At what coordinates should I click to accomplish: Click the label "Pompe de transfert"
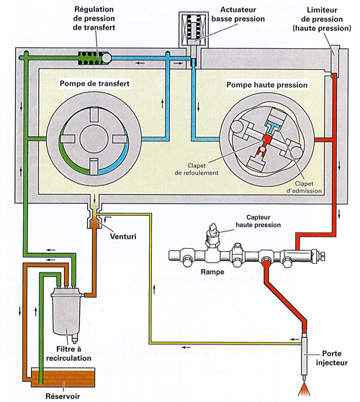tap(94, 83)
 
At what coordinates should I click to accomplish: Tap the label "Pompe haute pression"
tap(267, 85)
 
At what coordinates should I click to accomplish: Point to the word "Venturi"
tap(123, 236)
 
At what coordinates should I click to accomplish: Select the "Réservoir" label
tap(63, 396)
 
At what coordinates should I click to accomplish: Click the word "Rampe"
tap(212, 272)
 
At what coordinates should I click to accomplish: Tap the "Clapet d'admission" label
tap(304, 187)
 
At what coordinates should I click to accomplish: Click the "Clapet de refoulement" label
tap(197, 169)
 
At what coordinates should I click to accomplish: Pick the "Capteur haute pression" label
tap(258, 221)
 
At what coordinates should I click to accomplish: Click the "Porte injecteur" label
tap(331, 358)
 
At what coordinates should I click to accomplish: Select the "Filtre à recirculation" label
tap(68, 354)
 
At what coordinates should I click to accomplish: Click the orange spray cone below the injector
tap(305, 390)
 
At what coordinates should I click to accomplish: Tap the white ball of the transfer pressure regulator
tap(107, 58)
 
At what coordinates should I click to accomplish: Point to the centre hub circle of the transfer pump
tap(94, 139)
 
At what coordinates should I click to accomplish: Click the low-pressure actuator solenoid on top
tap(194, 30)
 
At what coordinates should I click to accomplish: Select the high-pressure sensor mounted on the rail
tap(213, 237)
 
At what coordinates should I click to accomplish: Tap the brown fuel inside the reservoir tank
tap(63, 377)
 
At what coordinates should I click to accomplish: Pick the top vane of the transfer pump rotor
tap(94, 115)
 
